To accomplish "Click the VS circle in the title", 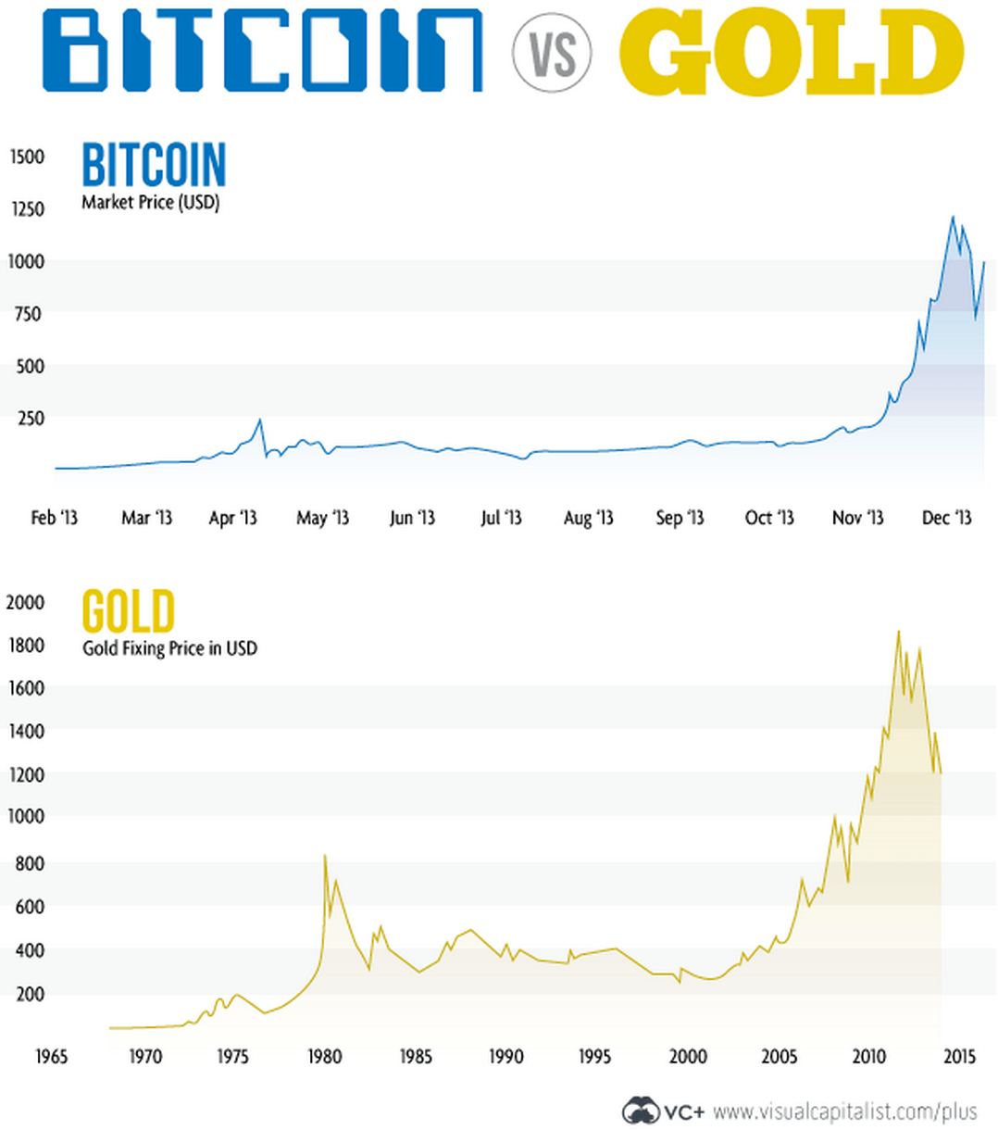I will pyautogui.click(x=552, y=52).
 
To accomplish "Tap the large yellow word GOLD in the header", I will pyautogui.click(x=792, y=52).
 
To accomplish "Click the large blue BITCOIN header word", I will pyautogui.click(x=262, y=51).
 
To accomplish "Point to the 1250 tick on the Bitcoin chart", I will pyautogui.click(x=27, y=209).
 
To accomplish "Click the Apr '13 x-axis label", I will pyautogui.click(x=232, y=518).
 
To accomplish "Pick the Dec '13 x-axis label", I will pyautogui.click(x=946, y=518).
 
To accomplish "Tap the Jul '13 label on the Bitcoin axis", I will pyautogui.click(x=501, y=518).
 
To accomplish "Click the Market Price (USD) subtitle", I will pyautogui.click(x=150, y=202).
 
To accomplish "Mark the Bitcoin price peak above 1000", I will pyautogui.click(x=953, y=218).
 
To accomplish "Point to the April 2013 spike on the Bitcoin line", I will pyautogui.click(x=260, y=421).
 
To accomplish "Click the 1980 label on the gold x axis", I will pyautogui.click(x=324, y=1056).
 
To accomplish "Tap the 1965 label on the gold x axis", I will pyautogui.click(x=51, y=1056).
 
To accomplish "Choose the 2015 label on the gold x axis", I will pyautogui.click(x=957, y=1056).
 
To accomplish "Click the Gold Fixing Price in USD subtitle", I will pyautogui.click(x=169, y=648).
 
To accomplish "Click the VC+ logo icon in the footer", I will pyautogui.click(x=641, y=1110).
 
